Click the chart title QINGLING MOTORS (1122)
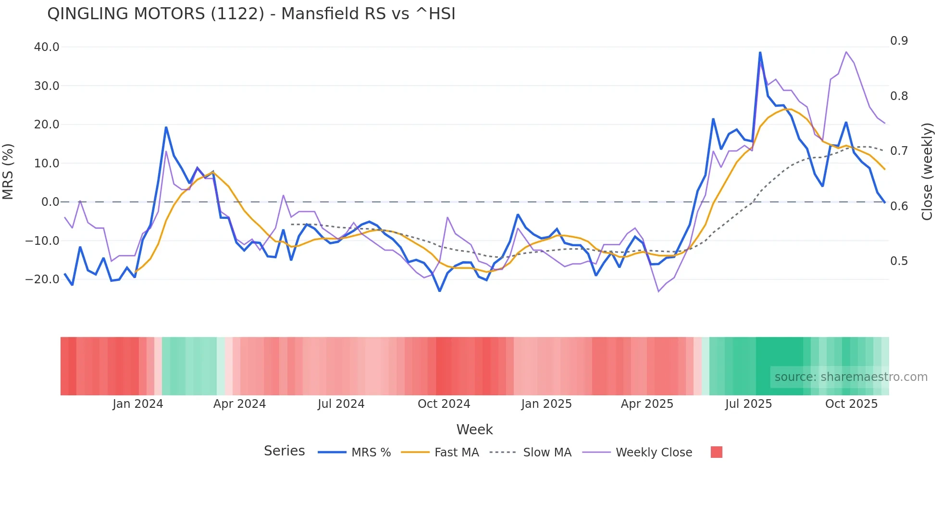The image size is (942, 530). point(251,14)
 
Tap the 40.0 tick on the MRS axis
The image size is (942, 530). point(47,47)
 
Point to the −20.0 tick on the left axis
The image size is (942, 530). point(43,279)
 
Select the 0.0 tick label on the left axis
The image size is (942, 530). point(50,202)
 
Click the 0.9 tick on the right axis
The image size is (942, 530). point(899,41)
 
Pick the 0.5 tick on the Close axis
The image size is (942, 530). point(899,261)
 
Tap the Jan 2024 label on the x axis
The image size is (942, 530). point(138,404)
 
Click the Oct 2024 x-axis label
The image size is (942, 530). point(444,404)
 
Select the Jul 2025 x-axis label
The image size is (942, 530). point(748,404)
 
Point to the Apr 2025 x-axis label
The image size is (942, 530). point(647,404)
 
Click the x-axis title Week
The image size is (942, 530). point(474,429)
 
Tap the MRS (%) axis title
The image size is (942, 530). point(8,172)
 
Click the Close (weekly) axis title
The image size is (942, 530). point(927,172)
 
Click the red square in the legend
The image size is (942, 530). point(716,452)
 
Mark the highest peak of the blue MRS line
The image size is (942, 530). point(760,52)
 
